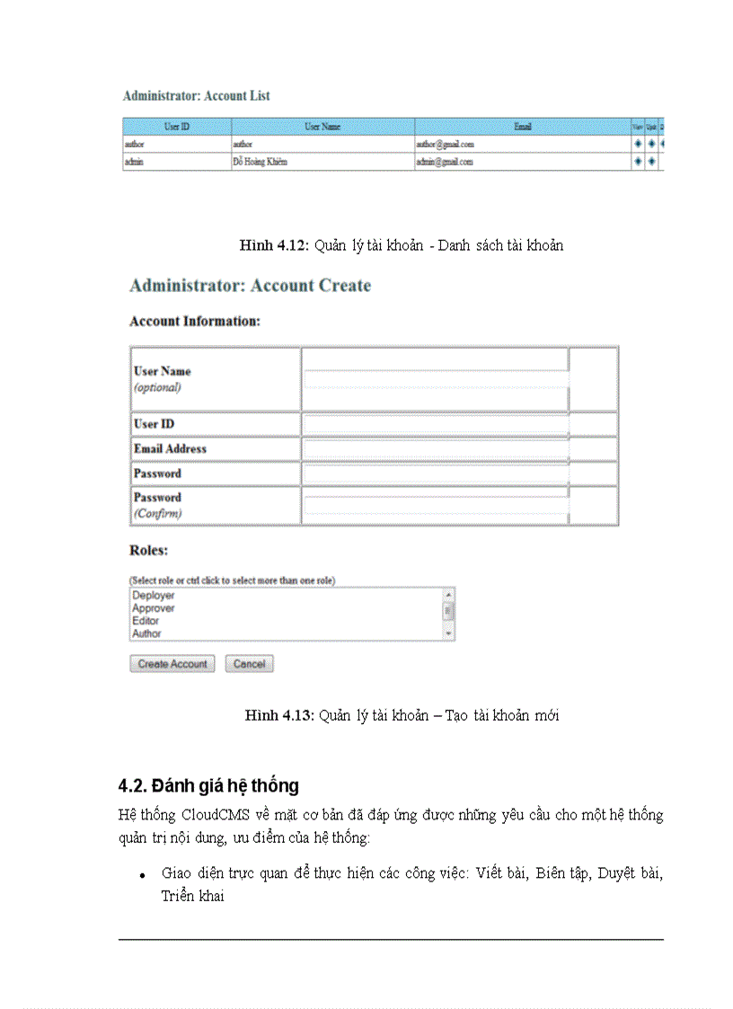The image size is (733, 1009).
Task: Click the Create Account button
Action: [x=172, y=664]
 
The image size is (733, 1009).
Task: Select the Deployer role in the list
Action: [x=154, y=596]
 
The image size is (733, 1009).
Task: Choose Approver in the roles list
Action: [x=154, y=608]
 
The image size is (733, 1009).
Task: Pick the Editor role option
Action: [x=146, y=621]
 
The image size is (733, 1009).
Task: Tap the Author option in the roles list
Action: [x=147, y=633]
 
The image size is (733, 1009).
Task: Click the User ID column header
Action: [x=176, y=127]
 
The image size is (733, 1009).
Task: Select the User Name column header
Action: [x=322, y=127]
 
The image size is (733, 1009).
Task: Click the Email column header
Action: [x=522, y=127]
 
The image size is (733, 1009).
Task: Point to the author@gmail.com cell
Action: [x=445, y=144]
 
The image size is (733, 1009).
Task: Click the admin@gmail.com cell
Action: [x=444, y=162]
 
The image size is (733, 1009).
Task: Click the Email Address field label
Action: [x=170, y=448]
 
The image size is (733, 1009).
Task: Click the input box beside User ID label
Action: [x=436, y=424]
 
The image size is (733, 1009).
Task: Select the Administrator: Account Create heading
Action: [x=250, y=286]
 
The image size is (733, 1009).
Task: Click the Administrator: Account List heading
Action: [x=196, y=96]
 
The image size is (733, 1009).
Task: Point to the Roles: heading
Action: [x=149, y=550]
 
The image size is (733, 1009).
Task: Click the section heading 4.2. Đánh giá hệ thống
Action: [x=208, y=785]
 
